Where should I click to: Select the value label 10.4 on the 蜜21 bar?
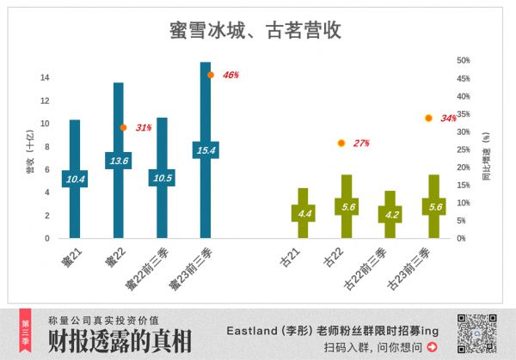75,179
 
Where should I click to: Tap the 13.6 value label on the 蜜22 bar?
119,161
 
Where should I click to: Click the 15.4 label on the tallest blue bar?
205,149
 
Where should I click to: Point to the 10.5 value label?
162,178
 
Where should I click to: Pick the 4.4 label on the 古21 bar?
304,212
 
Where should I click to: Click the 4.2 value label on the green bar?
390,214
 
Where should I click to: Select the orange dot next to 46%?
210,75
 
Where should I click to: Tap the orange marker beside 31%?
123,128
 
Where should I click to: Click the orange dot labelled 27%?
341,143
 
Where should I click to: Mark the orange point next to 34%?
427,118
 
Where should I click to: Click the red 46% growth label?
230,75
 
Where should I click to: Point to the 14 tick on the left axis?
45,77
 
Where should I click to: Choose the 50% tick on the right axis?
463,60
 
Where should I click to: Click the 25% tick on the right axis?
463,149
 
